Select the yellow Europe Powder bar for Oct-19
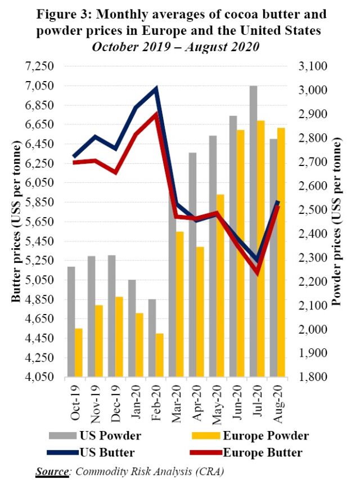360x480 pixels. pyautogui.click(x=79, y=352)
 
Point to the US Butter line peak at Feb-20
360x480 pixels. pyautogui.click(x=156, y=88)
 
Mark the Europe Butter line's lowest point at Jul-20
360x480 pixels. pyautogui.click(x=257, y=273)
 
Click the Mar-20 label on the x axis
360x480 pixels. pyautogui.click(x=176, y=401)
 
